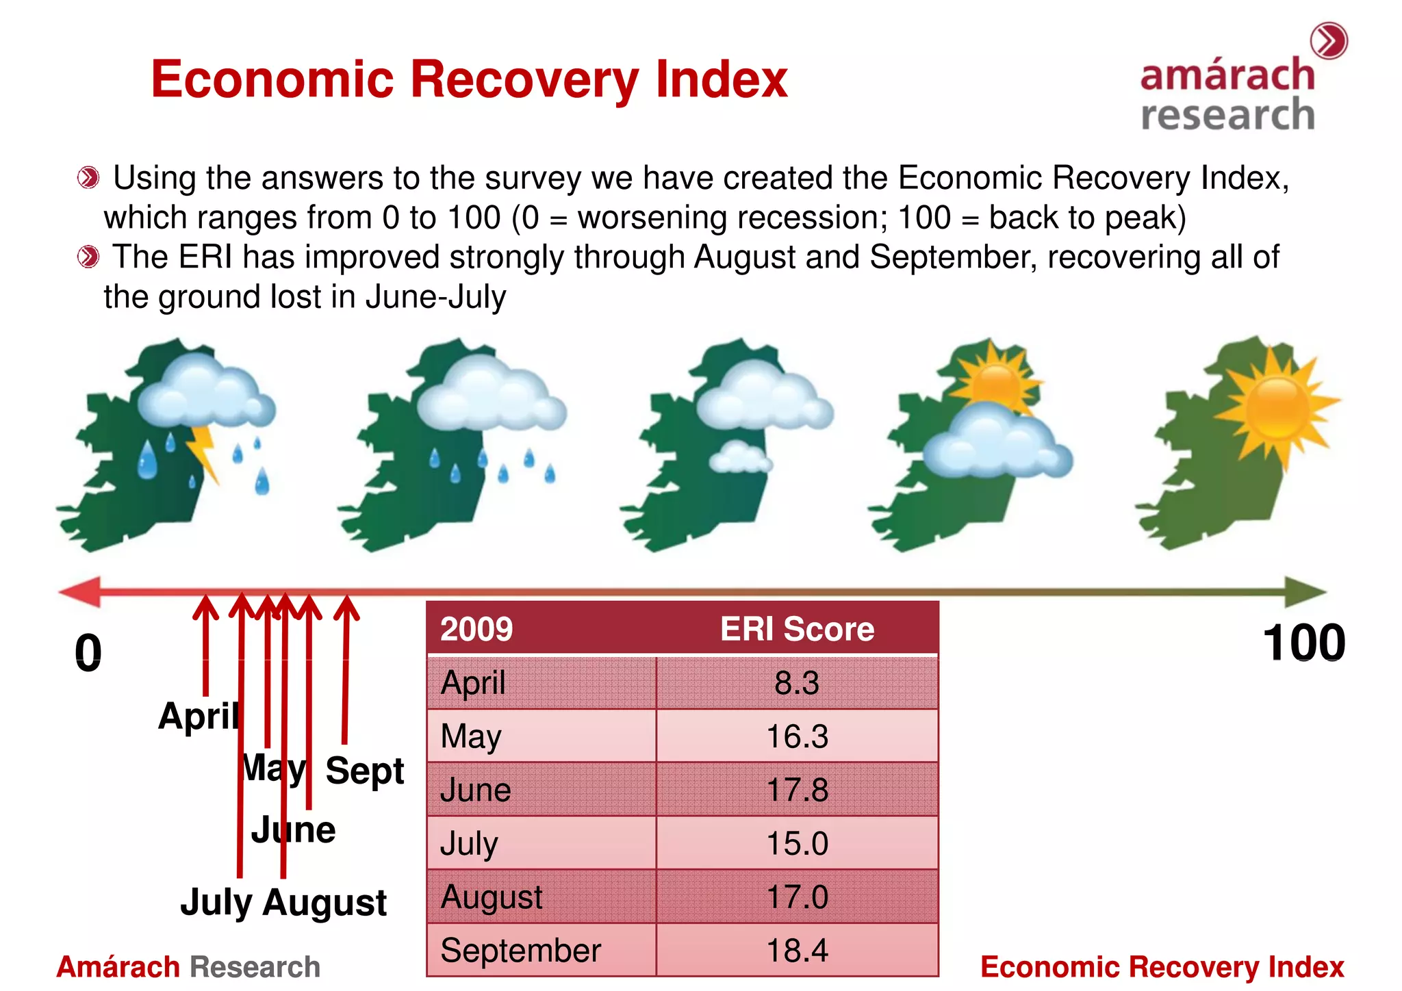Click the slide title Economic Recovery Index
[469, 80]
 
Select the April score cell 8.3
[797, 683]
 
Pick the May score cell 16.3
[797, 736]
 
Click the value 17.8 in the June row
[797, 790]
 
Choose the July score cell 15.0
[797, 843]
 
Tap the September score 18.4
[797, 951]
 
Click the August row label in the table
[492, 897]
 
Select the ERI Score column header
[797, 629]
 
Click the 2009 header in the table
[476, 629]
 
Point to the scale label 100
[1303, 643]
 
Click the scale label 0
[88, 653]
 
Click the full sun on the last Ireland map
[1277, 409]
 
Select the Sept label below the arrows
[365, 771]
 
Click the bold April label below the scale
[199, 717]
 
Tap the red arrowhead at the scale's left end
[81, 591]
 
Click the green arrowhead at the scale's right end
[1304, 591]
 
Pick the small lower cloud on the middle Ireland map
[739, 459]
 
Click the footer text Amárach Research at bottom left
[188, 967]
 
